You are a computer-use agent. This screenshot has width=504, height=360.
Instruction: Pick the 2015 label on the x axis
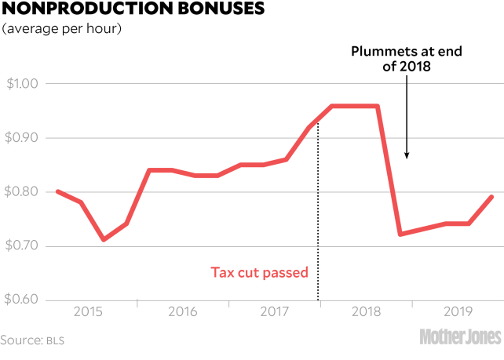(89, 311)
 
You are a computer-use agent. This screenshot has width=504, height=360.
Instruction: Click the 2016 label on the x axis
(182, 311)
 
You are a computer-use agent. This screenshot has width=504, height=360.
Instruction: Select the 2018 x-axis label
(367, 311)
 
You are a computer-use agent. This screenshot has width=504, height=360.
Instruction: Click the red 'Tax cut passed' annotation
(259, 273)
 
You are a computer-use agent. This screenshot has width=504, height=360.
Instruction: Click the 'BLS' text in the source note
(54, 340)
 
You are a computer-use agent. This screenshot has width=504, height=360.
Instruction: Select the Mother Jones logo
(460, 337)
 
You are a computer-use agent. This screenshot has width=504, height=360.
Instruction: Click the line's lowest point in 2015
(104, 239)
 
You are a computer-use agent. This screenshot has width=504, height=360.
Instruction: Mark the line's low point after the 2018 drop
(401, 234)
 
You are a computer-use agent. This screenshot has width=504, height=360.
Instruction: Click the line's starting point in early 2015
(57, 191)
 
